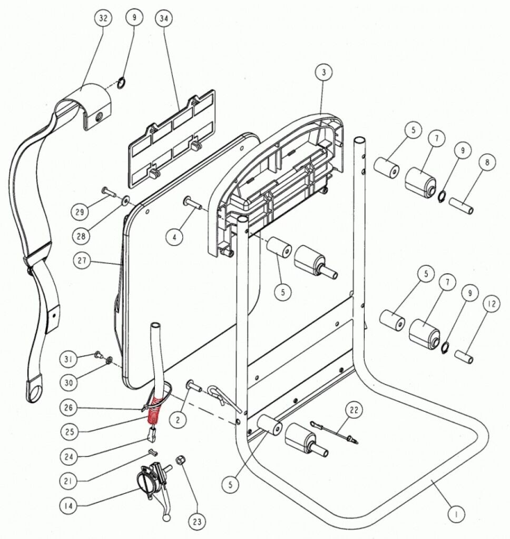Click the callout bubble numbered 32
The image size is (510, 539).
point(103,18)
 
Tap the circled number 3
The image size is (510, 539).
point(324,73)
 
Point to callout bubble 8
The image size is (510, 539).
point(487,163)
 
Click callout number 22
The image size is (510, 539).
point(354,410)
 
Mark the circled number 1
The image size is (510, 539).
point(457,512)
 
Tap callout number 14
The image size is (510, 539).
point(70,506)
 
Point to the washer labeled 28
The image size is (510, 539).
point(126,201)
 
